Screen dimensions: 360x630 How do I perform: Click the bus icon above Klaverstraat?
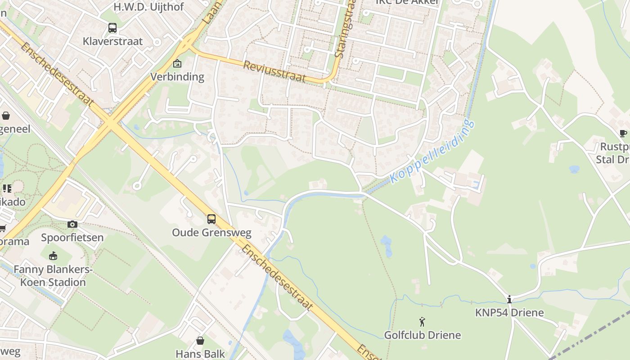pyautogui.click(x=112, y=28)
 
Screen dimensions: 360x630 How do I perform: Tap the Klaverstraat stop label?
pyautogui.click(x=112, y=41)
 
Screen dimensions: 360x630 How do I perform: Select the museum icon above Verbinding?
pyautogui.click(x=177, y=63)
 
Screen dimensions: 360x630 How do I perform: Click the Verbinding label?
pyautogui.click(x=177, y=76)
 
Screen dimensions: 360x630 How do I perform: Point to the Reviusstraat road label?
pyautogui.click(x=274, y=71)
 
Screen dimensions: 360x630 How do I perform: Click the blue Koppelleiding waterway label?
pyautogui.click(x=432, y=151)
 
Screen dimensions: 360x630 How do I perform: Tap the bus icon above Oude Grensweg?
pyautogui.click(x=211, y=219)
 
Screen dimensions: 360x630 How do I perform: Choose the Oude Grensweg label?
pyautogui.click(x=211, y=233)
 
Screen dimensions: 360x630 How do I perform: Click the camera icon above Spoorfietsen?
pyautogui.click(x=72, y=224)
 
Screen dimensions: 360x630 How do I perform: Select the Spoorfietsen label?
pyautogui.click(x=72, y=237)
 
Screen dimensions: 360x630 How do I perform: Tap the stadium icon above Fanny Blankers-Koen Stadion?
pyautogui.click(x=53, y=256)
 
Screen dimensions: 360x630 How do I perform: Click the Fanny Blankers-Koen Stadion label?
pyautogui.click(x=53, y=276)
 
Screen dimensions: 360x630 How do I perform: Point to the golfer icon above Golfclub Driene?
pyautogui.click(x=422, y=322)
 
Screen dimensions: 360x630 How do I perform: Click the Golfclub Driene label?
pyautogui.click(x=422, y=335)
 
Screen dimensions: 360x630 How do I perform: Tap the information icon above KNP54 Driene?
pyautogui.click(x=509, y=299)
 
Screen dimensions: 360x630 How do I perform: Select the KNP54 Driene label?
pyautogui.click(x=509, y=313)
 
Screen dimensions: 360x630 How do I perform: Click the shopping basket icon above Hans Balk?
pyautogui.click(x=200, y=341)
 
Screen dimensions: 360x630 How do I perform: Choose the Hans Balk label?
pyautogui.click(x=200, y=354)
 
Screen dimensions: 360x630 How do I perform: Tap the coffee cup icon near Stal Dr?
pyautogui.click(x=623, y=133)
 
